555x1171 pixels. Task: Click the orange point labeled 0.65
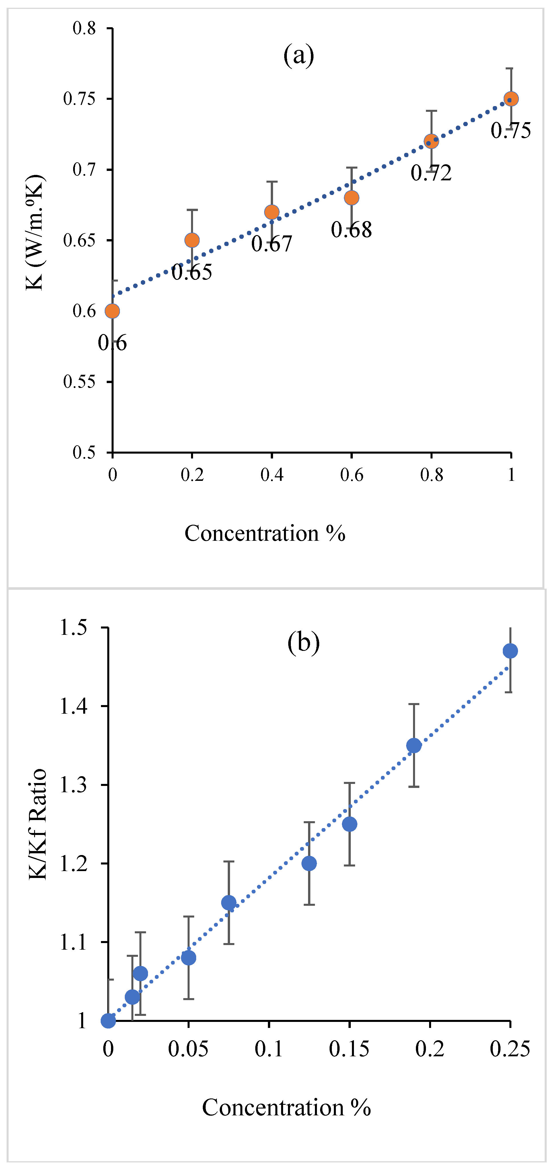tap(192, 240)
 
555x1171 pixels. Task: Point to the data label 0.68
tap(351, 230)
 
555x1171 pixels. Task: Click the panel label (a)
tap(299, 55)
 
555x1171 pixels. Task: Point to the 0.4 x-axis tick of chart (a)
tap(272, 475)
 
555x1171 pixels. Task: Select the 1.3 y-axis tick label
tap(74, 785)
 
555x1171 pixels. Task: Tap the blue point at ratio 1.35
tap(414, 745)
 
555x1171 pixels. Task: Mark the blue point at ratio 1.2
tap(309, 863)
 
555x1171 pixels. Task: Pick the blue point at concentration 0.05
tap(189, 958)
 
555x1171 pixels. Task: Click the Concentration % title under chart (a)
tap(265, 533)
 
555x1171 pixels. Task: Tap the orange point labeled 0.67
tap(272, 212)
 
